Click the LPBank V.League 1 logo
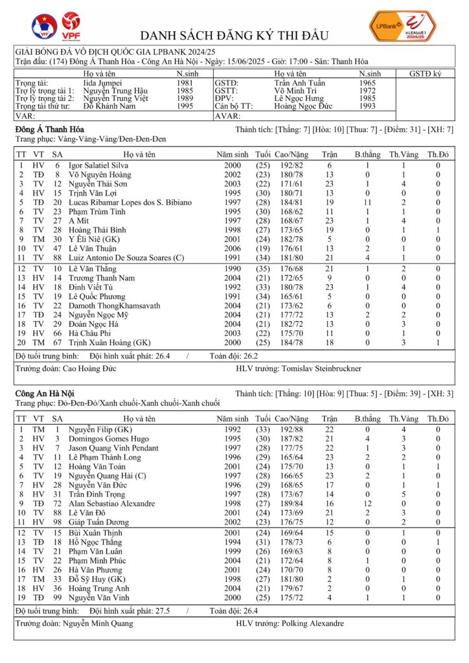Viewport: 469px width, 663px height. click(402, 27)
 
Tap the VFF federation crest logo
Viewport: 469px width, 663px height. click(44, 27)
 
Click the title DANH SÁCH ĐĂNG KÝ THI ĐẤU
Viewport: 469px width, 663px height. click(234, 35)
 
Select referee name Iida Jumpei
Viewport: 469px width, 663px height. click(106, 83)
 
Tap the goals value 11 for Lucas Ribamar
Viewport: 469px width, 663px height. click(367, 203)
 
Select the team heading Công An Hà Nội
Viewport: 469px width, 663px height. click(44, 393)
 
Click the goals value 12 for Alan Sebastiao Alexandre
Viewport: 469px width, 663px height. click(367, 503)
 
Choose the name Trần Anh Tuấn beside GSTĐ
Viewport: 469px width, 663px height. click(299, 83)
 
